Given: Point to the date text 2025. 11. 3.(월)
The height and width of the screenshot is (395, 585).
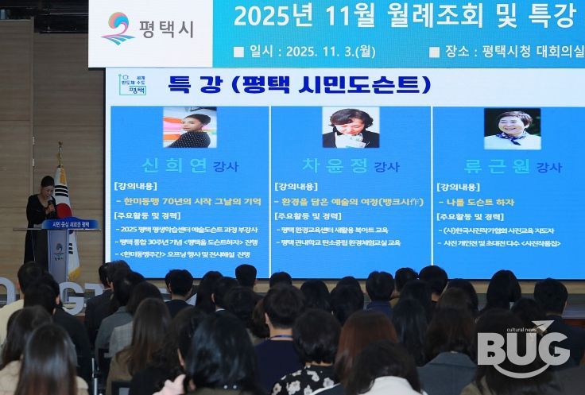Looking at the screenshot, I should point(324,52).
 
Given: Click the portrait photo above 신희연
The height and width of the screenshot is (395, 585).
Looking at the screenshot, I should point(189,128).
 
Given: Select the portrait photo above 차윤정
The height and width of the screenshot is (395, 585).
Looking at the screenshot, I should point(350,128).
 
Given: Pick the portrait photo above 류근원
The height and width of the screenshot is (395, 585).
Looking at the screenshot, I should point(512,128).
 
